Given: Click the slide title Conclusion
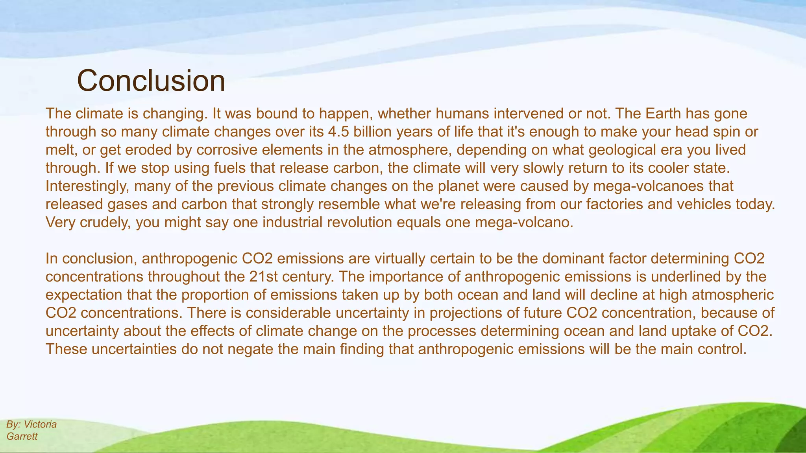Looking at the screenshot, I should coord(151,81).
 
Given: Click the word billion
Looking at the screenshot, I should coord(372,132).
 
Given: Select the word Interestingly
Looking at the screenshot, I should coord(87,186).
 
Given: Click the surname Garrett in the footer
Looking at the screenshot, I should coord(22,436).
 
